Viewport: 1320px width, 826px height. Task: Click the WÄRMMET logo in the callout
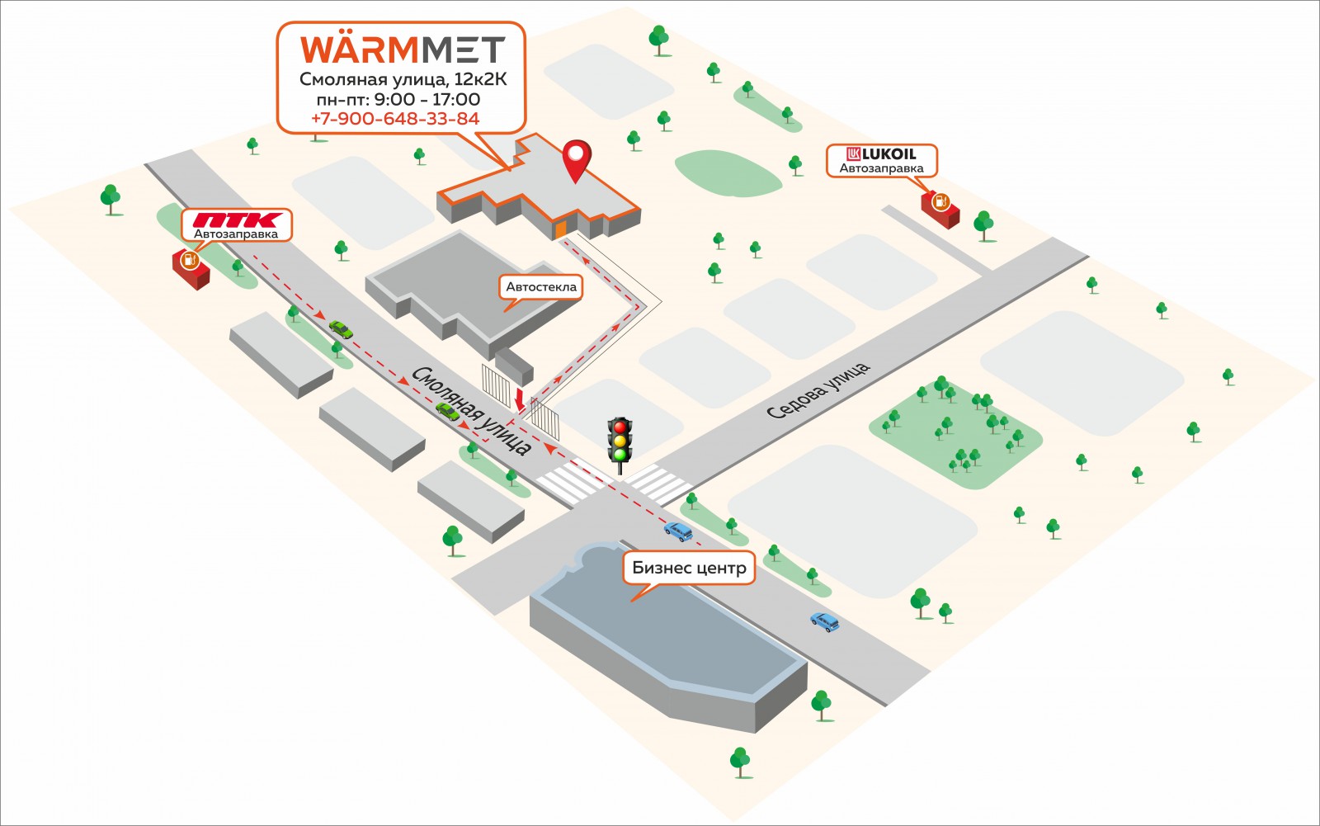[x=403, y=50]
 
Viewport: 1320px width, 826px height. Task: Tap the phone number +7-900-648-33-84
[x=395, y=119]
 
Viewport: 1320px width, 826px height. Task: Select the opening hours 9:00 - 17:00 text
[x=427, y=99]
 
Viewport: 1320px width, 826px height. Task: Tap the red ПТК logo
[x=238, y=220]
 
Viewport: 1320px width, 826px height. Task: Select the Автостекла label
[x=541, y=287]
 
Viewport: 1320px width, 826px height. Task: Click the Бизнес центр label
[x=689, y=567]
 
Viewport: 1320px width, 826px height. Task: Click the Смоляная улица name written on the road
[x=471, y=411]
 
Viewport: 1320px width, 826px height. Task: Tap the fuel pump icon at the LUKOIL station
[x=940, y=202]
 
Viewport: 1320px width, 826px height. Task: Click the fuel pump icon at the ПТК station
[x=190, y=259]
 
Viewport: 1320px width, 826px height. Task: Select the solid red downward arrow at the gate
[x=519, y=399]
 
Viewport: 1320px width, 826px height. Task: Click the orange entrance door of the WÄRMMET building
[x=560, y=230]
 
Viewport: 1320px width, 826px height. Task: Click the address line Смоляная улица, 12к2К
[x=403, y=79]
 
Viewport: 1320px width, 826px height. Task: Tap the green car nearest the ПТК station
[x=341, y=329]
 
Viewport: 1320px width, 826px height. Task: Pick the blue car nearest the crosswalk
[x=678, y=531]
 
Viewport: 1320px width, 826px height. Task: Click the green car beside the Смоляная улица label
[x=447, y=412]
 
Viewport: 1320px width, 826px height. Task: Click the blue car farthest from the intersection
[x=825, y=621]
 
